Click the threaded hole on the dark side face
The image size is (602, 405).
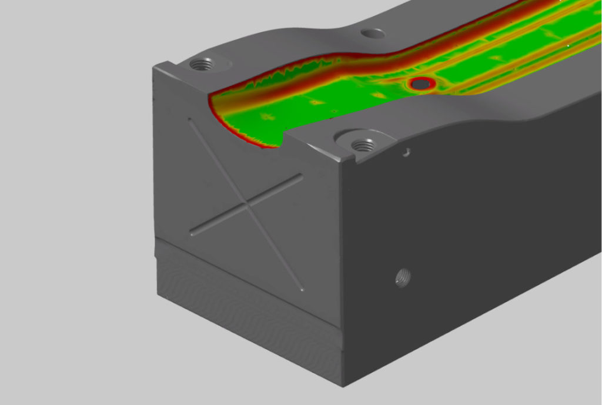click(x=403, y=276)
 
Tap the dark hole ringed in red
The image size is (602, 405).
click(x=420, y=85)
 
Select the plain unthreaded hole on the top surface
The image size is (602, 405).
click(x=372, y=34)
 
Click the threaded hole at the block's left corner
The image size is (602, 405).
click(x=202, y=64)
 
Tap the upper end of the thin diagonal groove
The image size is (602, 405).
click(x=190, y=121)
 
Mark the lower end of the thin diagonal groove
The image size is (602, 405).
click(x=302, y=290)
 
